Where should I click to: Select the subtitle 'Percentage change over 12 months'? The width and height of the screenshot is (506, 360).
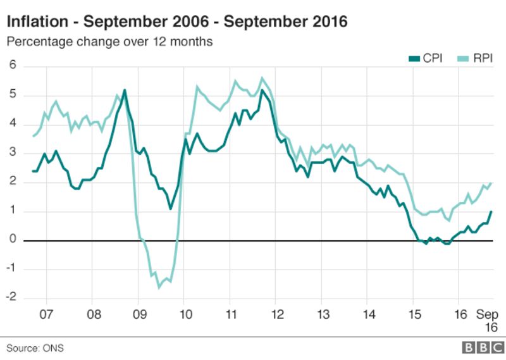[x=109, y=42]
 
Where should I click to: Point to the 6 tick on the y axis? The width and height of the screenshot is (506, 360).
[x=12, y=66]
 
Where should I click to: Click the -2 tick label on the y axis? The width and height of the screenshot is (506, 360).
[x=11, y=299]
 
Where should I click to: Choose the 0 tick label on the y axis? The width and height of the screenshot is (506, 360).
[x=12, y=240]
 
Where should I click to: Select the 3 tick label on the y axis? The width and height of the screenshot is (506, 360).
[x=12, y=153]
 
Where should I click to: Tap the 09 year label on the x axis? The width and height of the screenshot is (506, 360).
[x=140, y=314]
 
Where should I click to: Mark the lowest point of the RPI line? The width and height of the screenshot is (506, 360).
[x=159, y=288]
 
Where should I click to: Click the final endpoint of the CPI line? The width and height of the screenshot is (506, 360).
[x=491, y=211]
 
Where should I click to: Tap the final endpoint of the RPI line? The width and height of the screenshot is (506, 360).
[x=491, y=183]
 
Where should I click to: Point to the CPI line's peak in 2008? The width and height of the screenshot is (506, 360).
[x=124, y=90]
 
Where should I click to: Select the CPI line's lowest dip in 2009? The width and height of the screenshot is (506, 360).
[x=170, y=209]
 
